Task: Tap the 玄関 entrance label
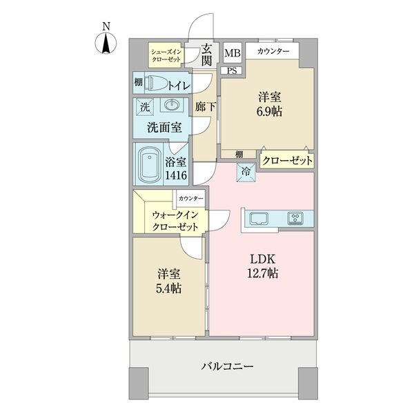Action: [x=206, y=55]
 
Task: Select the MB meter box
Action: [x=233, y=53]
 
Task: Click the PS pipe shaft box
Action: [x=232, y=71]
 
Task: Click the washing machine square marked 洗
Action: [x=145, y=107]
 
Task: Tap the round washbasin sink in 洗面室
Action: [x=172, y=105]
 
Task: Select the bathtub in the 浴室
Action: [x=150, y=164]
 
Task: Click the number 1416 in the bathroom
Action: [x=176, y=175]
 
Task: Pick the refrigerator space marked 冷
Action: [x=246, y=172]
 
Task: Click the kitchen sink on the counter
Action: [x=259, y=218]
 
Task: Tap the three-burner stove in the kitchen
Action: [x=295, y=218]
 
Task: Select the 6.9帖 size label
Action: [x=270, y=112]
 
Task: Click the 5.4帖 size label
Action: [x=169, y=288]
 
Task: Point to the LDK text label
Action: [x=263, y=259]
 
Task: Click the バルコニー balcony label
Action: [x=227, y=366]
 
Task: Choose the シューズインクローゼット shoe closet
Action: [x=166, y=55]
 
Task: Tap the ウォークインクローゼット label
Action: [x=175, y=221]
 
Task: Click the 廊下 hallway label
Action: [x=206, y=107]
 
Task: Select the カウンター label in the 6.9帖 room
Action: [x=273, y=51]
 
